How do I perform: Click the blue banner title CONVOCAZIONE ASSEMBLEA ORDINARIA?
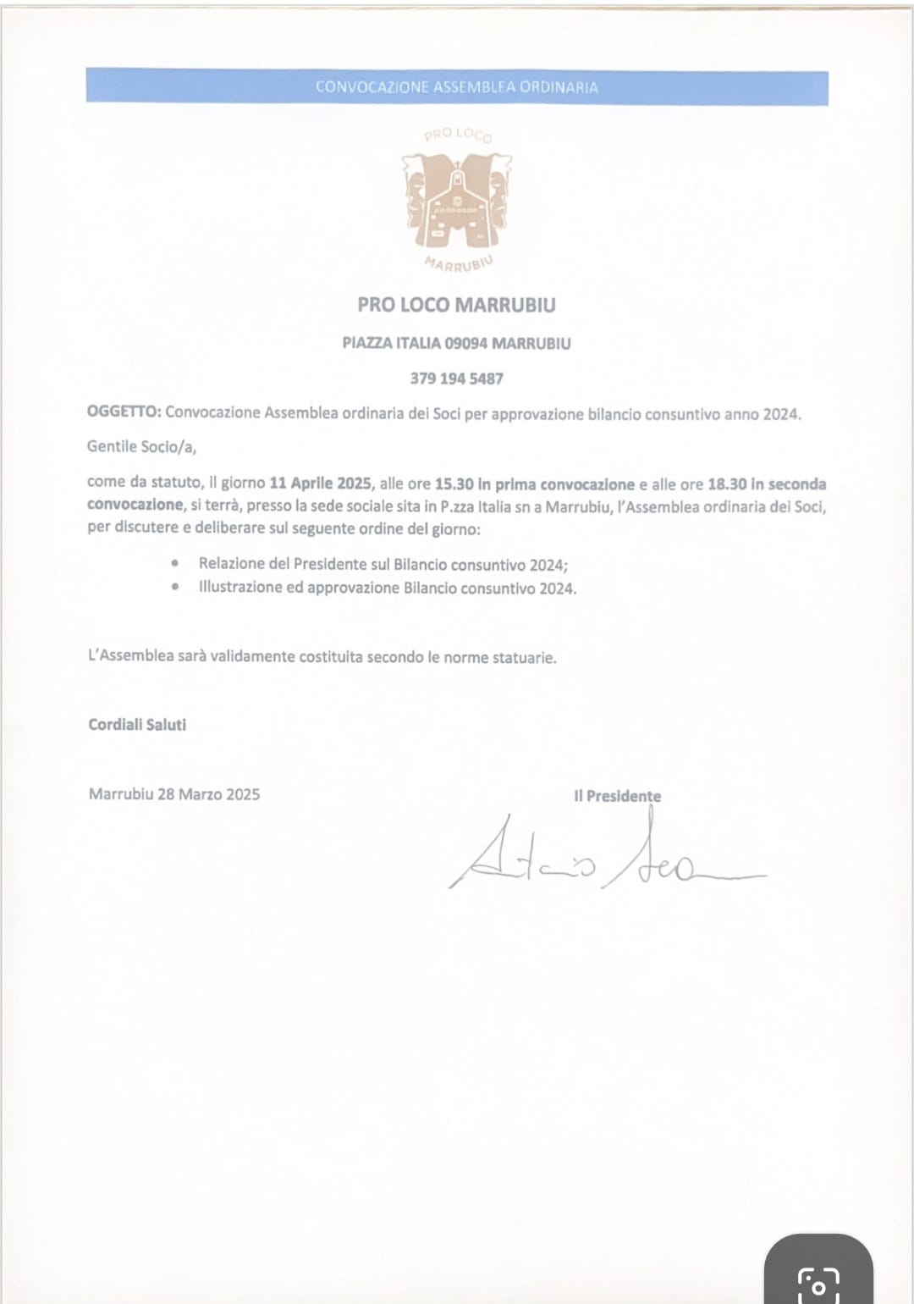[456, 87]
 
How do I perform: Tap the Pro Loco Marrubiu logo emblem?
[457, 200]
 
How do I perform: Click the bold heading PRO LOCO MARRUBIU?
[456, 305]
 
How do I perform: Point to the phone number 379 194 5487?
[456, 378]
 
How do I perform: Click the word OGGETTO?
[124, 412]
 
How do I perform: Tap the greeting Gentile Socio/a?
[141, 446]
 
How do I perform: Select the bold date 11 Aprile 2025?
[320, 483]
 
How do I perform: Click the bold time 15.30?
[454, 484]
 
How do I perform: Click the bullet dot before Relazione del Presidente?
[175, 563]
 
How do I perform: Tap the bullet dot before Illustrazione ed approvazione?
[175, 586]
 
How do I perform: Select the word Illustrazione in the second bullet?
[240, 587]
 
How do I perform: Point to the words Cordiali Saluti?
[137, 725]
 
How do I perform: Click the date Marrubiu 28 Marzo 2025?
[174, 794]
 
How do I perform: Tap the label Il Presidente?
[617, 796]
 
